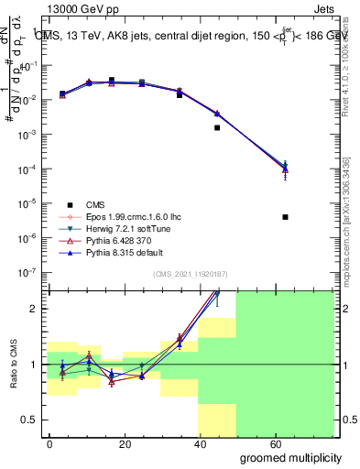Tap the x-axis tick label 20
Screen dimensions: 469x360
[x=118, y=443]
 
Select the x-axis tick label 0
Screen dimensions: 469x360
[x=49, y=443]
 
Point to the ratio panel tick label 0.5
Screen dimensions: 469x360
[x=29, y=419]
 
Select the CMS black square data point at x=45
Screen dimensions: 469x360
[x=217, y=127]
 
